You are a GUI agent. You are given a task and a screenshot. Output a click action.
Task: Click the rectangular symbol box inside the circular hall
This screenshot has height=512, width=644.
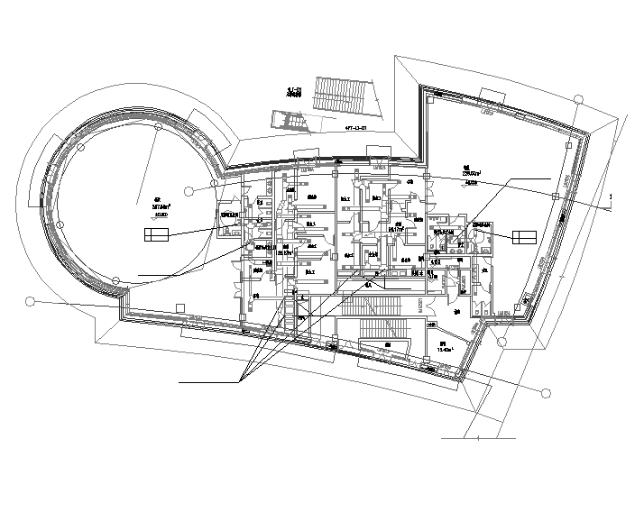pos(155,235)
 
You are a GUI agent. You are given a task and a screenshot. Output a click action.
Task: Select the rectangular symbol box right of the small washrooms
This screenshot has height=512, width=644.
pos(524,237)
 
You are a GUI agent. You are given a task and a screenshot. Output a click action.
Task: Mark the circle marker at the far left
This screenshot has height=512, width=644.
pos(30,301)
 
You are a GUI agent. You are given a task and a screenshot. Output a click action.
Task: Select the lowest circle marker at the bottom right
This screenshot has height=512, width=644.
pos(546,393)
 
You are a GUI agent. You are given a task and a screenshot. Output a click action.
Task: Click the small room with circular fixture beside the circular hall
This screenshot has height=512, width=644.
pos(232,223)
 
